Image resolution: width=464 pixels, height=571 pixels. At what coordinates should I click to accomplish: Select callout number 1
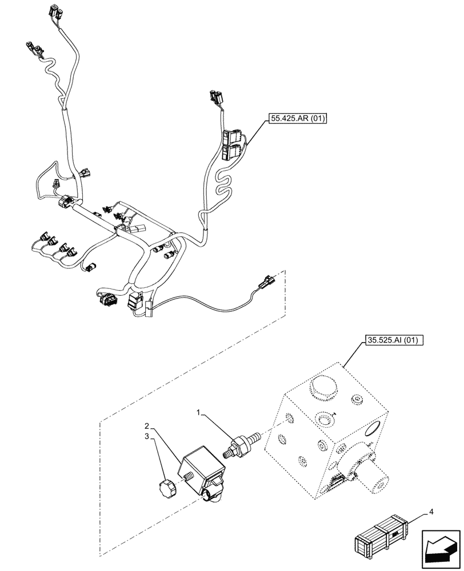(198, 411)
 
